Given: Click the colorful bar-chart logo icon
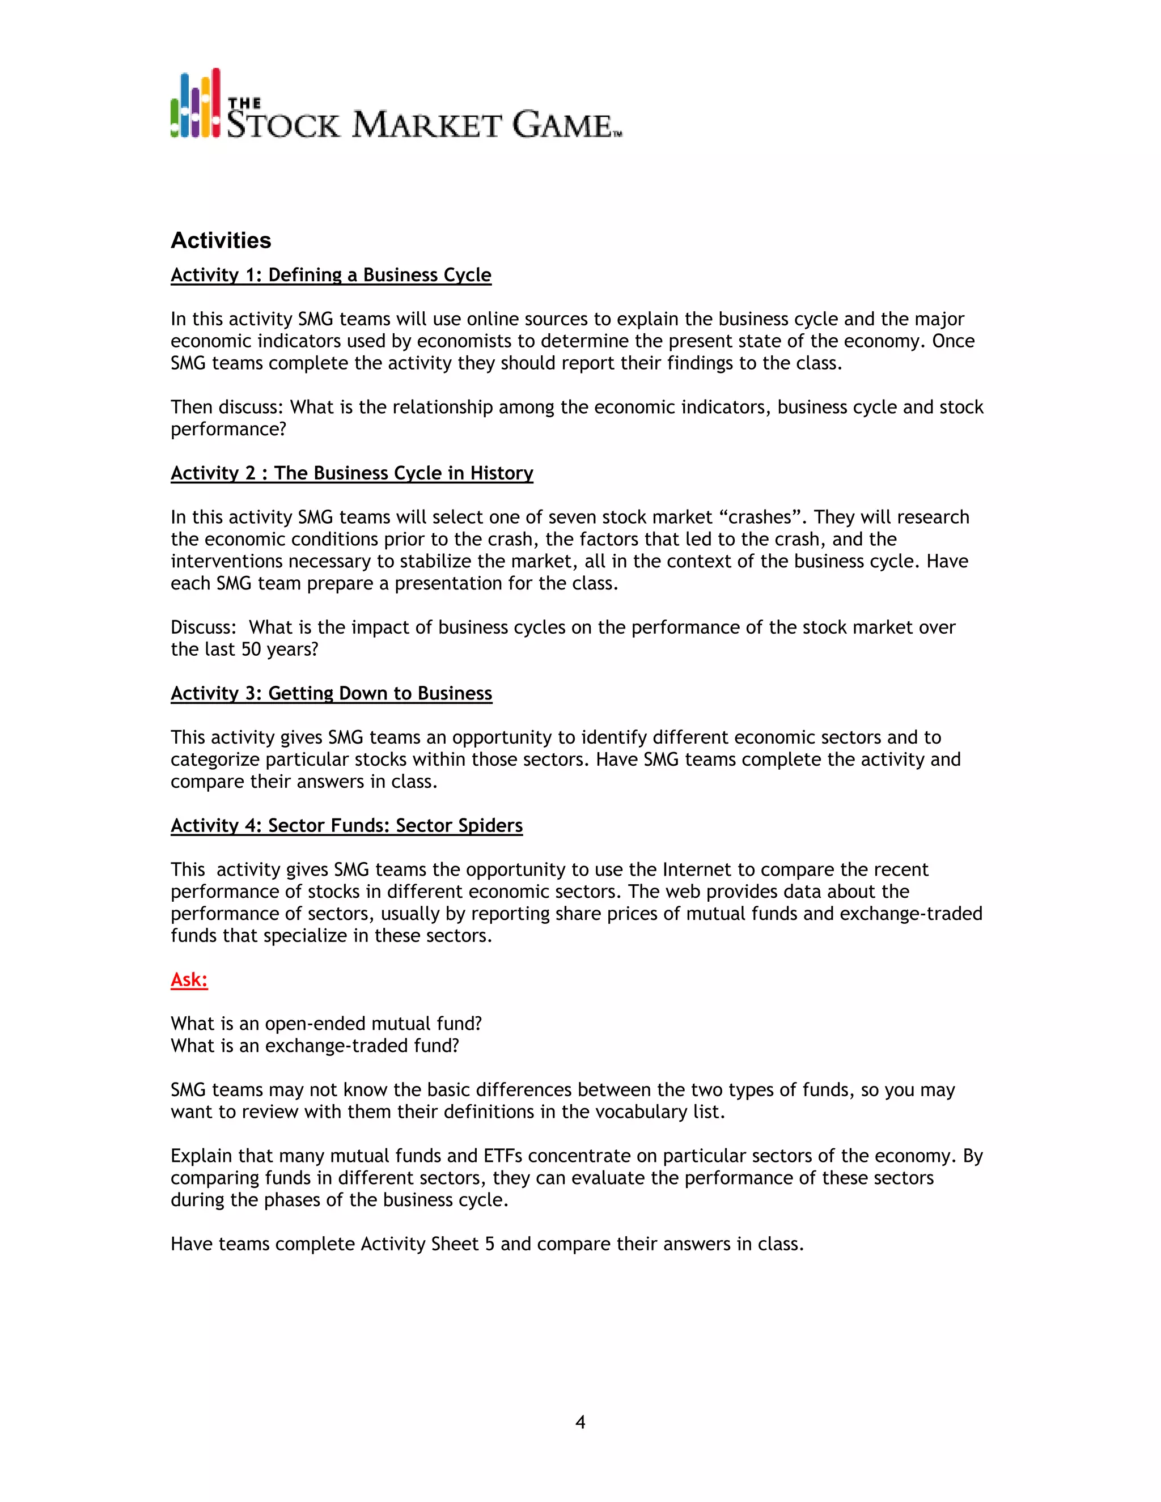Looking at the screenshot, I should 196,104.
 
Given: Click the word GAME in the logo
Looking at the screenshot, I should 562,125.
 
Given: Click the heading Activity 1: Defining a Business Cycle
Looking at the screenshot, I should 331,275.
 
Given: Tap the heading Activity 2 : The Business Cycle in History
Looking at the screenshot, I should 351,473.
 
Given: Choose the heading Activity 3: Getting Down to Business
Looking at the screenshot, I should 331,693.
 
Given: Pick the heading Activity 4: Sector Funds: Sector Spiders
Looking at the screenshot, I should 346,825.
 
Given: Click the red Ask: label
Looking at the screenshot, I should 189,979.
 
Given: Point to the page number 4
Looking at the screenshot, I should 580,1422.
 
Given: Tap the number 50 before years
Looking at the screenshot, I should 251,649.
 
